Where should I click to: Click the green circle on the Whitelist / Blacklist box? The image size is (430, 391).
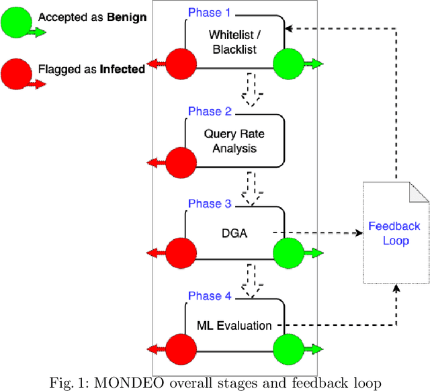click(290, 64)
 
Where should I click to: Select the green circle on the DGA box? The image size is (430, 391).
click(290, 254)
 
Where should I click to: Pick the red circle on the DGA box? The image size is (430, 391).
click(181, 254)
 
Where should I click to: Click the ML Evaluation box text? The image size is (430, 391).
click(234, 326)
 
